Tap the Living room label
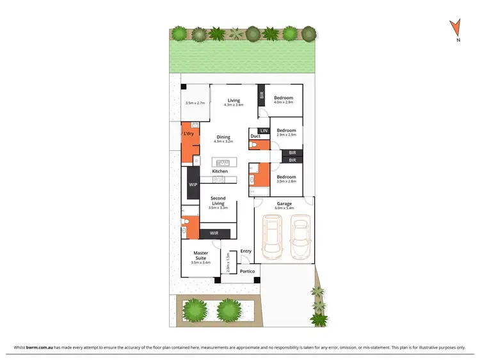[x=234, y=100]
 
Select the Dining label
[x=223, y=137]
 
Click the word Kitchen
[x=220, y=171]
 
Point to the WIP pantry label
[x=193, y=184]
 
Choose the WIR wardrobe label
[x=214, y=233]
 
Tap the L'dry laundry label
[x=189, y=134]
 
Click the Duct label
[x=255, y=136]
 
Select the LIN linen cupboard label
[x=263, y=130]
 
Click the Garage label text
[x=284, y=204]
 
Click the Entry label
[x=246, y=251]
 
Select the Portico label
[x=247, y=272]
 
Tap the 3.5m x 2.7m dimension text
[x=195, y=103]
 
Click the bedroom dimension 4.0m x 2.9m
[x=283, y=103]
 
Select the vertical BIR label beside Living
[x=261, y=97]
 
